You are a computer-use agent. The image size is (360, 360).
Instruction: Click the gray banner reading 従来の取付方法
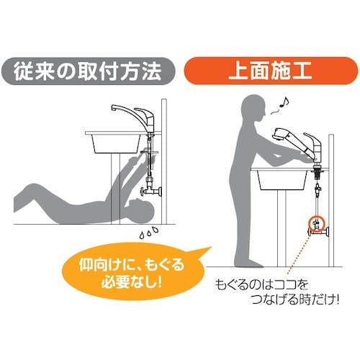[89, 71]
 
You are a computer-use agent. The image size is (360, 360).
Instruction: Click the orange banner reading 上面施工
[271, 71]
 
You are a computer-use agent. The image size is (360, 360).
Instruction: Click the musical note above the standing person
[284, 102]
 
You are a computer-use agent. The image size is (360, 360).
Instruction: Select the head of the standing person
[253, 109]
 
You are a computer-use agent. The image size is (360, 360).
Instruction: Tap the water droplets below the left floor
[149, 233]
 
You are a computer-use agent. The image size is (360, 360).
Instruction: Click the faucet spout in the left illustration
[125, 111]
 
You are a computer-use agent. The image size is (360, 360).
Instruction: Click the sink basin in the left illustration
[116, 143]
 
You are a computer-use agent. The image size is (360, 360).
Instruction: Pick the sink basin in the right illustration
[282, 180]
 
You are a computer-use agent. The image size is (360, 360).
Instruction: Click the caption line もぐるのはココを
[261, 284]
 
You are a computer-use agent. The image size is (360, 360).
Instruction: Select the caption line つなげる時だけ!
[295, 300]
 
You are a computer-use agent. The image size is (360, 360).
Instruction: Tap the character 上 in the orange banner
[238, 71]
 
